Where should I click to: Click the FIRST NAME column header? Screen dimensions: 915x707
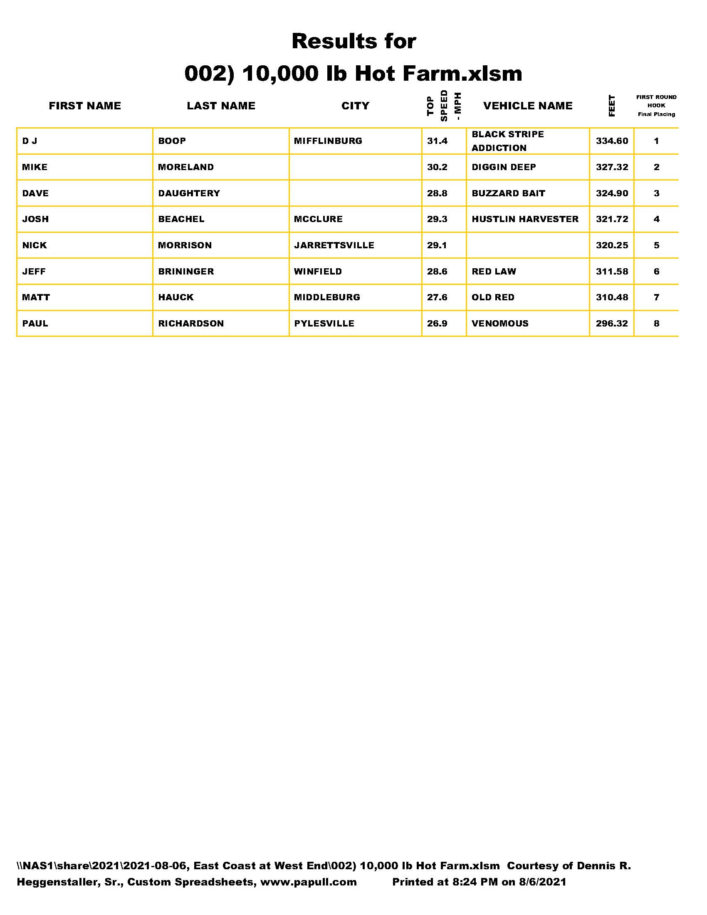84,106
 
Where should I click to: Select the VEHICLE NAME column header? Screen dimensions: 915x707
528,106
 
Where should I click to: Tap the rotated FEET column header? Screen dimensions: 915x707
611,106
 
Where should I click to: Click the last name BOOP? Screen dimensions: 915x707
172,141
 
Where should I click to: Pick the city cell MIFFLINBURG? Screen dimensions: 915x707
328,141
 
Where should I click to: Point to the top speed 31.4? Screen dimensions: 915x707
437,141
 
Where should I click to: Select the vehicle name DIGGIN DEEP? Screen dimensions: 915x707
504,167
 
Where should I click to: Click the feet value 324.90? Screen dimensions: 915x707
612,193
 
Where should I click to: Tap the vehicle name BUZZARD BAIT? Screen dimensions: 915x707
509,193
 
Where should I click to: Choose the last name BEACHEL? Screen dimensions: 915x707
181,219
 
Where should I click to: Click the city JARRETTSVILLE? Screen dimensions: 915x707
334,245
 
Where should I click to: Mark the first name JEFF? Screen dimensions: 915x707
34,272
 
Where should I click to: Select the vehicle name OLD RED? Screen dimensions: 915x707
493,297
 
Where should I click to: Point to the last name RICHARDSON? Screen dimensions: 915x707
190,324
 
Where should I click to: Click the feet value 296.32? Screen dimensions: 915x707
612,324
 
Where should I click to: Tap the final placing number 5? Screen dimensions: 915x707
656,245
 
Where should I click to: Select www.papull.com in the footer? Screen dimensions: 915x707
308,882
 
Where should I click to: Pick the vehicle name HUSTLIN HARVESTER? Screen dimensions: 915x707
525,219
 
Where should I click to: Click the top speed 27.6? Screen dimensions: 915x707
437,297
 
